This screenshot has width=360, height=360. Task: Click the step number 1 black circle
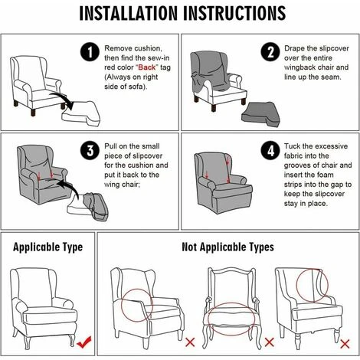point(90,52)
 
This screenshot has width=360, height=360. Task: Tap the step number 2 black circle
point(270,52)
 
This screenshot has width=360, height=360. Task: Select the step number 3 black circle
point(90,150)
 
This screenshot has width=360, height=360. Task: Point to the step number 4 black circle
point(270,150)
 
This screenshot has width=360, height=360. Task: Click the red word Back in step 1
point(147,67)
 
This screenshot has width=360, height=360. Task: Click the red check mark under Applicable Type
point(84,342)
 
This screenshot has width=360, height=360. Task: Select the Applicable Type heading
point(47,247)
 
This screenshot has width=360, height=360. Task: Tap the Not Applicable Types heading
point(227,247)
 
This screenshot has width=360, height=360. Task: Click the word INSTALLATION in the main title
point(128,13)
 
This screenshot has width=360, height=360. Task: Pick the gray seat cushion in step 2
point(260,115)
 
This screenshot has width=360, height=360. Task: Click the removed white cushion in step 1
point(81,113)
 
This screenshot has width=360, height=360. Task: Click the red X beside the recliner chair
point(190,342)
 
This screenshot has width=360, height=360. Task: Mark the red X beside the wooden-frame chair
point(269,342)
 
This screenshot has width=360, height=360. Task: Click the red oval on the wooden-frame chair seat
point(231,303)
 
